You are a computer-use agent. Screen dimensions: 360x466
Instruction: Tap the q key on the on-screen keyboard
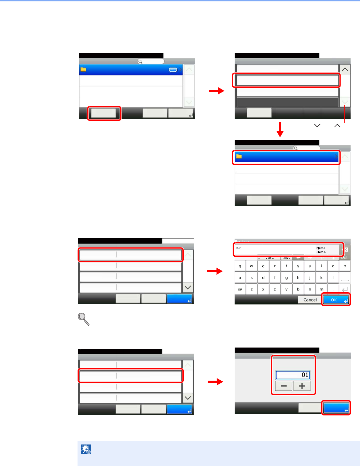[x=240, y=266]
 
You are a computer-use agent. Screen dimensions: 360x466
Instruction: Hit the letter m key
[x=321, y=289]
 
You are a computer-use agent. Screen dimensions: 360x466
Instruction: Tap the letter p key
[x=345, y=266]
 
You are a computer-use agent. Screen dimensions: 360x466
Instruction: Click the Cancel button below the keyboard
[x=310, y=300]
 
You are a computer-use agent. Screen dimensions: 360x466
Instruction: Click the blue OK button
[x=336, y=300]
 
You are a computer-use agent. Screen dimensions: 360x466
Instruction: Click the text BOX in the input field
[x=238, y=248]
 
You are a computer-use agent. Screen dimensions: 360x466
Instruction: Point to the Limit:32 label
[x=321, y=252]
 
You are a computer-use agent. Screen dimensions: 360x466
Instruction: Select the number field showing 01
[x=293, y=375]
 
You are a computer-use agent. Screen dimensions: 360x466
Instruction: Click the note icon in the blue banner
[x=86, y=449]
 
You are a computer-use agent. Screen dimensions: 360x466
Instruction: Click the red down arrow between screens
[x=280, y=129]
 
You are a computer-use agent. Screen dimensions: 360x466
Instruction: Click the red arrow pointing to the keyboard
[x=215, y=271]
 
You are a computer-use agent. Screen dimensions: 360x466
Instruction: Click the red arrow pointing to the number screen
[x=215, y=382]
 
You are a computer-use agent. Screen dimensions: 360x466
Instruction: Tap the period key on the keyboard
[x=333, y=289]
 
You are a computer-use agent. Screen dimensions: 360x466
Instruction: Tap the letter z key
[x=252, y=289]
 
